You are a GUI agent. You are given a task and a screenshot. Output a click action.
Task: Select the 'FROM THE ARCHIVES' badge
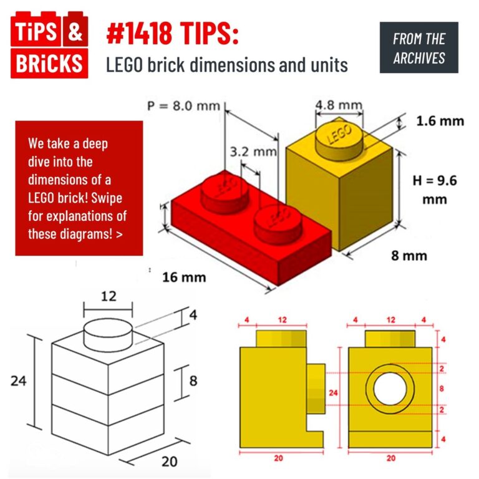(x=419, y=48)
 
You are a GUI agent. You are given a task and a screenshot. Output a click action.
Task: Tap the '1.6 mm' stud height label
(x=440, y=120)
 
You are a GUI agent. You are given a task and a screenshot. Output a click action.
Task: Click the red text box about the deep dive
(x=79, y=188)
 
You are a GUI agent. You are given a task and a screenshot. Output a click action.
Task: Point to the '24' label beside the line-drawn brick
(x=19, y=380)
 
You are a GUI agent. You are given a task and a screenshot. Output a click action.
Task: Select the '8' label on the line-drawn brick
(x=194, y=379)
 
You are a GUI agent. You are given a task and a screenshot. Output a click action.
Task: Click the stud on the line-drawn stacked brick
(x=108, y=336)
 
